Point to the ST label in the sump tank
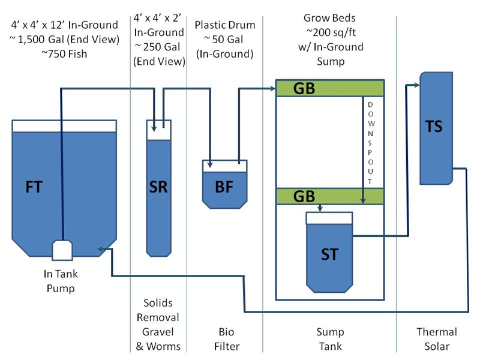329,253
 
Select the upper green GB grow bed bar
329,88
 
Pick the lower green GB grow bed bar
329,196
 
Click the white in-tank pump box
62,250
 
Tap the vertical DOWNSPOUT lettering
371,143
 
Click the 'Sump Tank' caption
329,339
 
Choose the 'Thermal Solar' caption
436,339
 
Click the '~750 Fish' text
64,54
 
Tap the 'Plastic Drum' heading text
224,25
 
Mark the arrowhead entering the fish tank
103,248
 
